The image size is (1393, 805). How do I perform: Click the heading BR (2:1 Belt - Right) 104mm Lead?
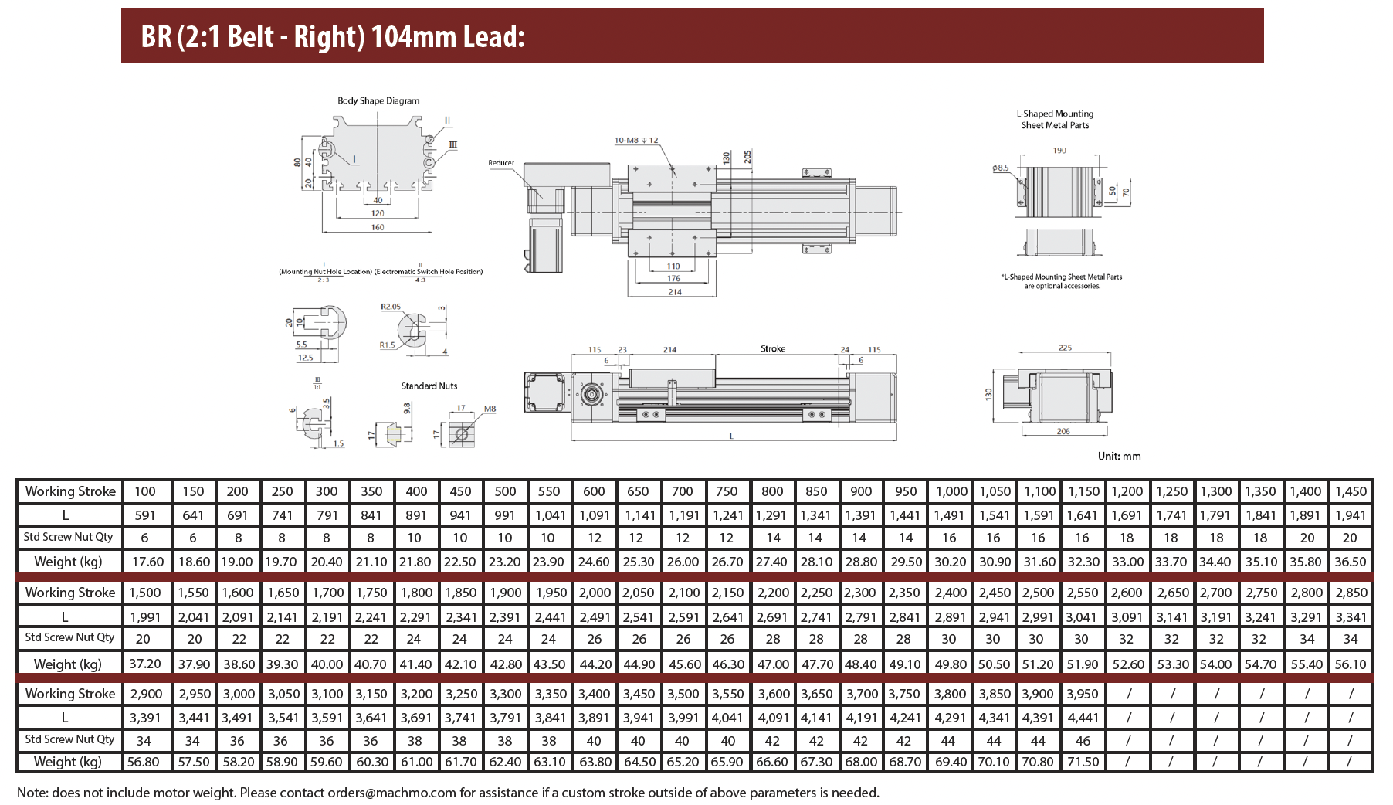tap(333, 36)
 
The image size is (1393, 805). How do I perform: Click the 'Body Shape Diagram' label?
tap(378, 100)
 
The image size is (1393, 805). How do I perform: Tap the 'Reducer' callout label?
tap(501, 163)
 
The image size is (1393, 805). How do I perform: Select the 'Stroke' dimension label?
tap(773, 349)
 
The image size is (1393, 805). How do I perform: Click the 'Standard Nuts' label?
tap(429, 386)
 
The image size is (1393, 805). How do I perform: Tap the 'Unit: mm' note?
tap(1119, 457)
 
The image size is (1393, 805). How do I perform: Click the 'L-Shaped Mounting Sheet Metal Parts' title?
tap(1055, 119)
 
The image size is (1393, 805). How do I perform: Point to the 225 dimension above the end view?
tap(1066, 348)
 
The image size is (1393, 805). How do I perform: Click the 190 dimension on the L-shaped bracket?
tap(1059, 151)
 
